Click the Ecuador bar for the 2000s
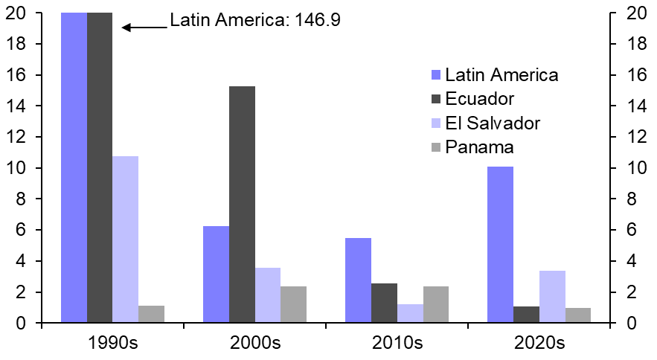point(242,205)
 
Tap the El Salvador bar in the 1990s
point(125,240)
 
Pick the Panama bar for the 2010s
point(436,305)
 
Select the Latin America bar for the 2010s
point(358,280)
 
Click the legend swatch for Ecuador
point(436,99)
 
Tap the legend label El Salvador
point(493,123)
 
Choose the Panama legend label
point(480,147)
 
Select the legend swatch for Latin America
point(436,75)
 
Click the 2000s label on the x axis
point(254,344)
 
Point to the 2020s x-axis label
point(539,344)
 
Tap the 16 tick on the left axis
point(21,75)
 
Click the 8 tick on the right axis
point(626,199)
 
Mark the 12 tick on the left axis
point(21,138)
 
